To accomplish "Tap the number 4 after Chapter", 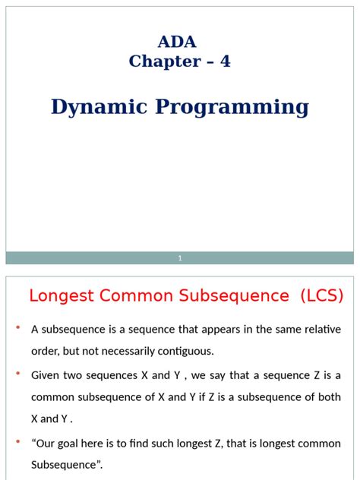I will tap(225, 62).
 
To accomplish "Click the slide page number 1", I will tap(180, 258).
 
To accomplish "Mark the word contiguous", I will tap(177, 351).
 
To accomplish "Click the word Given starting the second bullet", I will tap(46, 375).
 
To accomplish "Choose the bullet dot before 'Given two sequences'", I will tap(17, 375).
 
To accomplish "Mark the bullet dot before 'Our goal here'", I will tap(17, 443).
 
